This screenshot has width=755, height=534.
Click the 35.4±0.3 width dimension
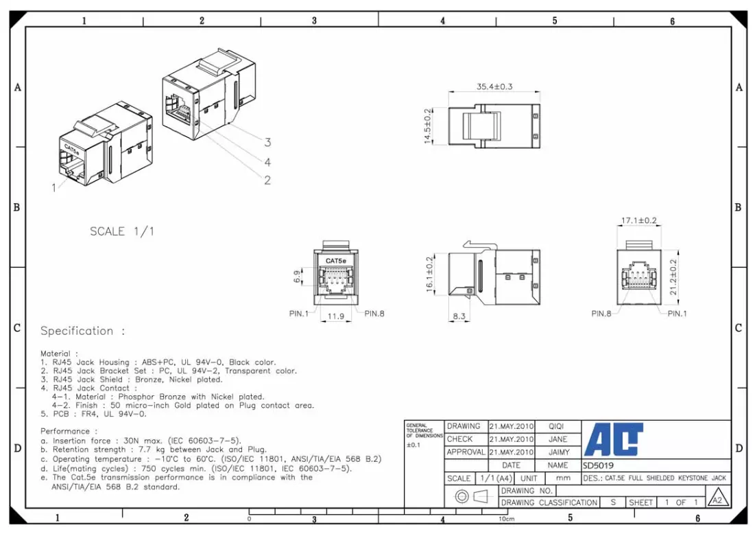coord(494,86)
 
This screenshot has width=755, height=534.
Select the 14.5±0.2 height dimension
coord(428,126)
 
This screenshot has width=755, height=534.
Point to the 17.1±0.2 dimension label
coord(639,220)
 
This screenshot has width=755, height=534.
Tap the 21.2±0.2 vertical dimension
coord(673,277)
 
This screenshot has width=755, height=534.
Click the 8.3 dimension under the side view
coord(459,316)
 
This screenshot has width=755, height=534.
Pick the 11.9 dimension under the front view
coord(335,316)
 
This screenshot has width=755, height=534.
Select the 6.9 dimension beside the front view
coord(297,276)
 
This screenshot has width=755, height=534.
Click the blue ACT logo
coord(614,439)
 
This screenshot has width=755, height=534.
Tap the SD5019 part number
coord(598,465)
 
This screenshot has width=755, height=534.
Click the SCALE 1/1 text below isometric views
coord(122,231)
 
